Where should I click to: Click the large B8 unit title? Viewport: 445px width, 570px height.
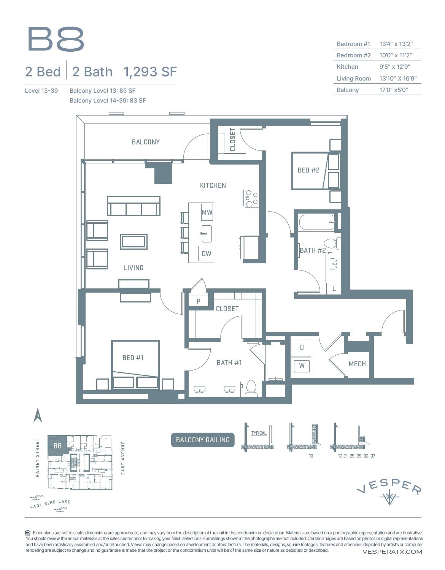pos(56,39)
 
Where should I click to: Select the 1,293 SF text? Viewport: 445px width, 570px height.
pos(150,72)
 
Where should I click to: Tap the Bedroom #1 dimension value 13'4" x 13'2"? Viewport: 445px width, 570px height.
pos(396,44)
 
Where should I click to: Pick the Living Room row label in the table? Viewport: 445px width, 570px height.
pos(353,79)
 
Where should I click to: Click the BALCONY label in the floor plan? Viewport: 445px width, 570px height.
pos(146,142)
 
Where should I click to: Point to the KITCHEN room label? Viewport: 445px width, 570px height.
pos(213,185)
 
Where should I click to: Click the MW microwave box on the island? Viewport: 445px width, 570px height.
pos(207,212)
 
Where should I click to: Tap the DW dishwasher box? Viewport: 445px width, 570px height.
pos(206,253)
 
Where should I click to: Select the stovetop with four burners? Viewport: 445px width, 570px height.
pos(251,198)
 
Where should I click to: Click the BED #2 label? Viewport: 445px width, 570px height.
pos(308,170)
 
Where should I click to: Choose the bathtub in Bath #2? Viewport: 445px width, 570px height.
pos(316,222)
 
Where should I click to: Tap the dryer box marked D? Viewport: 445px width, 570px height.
pos(301,347)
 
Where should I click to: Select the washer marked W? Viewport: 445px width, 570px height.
pos(301,366)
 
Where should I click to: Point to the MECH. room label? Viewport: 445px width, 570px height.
pos(358,364)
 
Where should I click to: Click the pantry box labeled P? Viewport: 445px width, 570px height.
pos(198,301)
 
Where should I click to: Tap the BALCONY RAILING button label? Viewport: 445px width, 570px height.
pos(203,440)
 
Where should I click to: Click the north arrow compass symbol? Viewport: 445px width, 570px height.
pos(38,416)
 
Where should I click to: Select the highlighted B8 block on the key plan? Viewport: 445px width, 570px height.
pos(57,446)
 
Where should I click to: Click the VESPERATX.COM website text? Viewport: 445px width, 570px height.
pos(392,552)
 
